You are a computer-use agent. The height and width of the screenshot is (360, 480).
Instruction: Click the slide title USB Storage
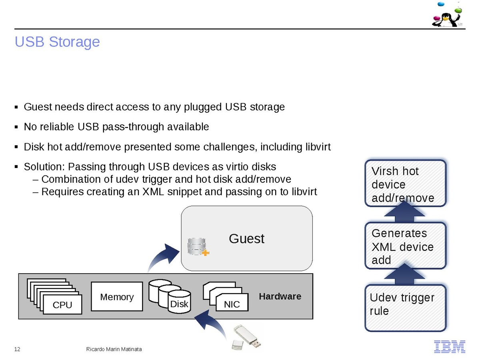tap(57, 42)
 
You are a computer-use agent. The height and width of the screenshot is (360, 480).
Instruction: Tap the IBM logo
tap(450, 346)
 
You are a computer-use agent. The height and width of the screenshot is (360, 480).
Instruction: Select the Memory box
tap(117, 297)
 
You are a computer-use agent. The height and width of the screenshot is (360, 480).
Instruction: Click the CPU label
tap(62, 305)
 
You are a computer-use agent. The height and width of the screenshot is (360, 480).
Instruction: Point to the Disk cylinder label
tap(179, 304)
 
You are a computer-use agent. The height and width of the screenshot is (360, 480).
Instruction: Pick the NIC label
tap(232, 305)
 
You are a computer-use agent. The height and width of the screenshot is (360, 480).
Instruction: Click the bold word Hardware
tap(280, 296)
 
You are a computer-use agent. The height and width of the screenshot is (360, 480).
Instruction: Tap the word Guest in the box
tap(246, 239)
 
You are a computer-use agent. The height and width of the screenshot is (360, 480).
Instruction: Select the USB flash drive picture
tap(247, 337)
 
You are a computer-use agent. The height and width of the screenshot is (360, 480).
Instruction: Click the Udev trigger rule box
tap(405, 308)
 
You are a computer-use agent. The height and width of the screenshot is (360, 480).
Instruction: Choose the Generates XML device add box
tap(405, 246)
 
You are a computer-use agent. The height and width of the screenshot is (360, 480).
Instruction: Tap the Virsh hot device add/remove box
tap(405, 184)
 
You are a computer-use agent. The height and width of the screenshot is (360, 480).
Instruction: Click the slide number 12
tap(17, 350)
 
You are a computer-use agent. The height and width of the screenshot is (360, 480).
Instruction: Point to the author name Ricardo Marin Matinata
tap(114, 350)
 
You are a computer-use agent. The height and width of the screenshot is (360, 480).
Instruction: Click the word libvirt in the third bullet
tap(316, 147)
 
